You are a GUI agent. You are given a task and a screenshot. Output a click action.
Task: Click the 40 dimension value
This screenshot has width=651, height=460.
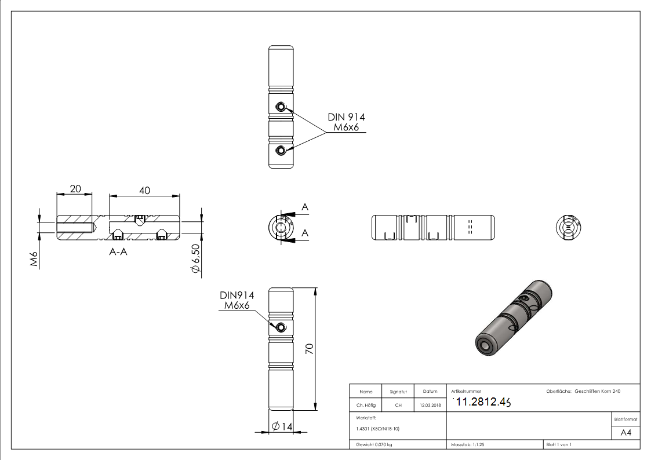(144, 190)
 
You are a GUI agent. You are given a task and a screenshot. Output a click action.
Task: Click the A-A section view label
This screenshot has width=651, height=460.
(118, 252)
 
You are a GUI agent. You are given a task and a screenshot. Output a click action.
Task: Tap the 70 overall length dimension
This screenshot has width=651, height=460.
(310, 349)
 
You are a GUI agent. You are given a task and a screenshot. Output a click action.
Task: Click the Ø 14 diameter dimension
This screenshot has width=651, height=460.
(282, 426)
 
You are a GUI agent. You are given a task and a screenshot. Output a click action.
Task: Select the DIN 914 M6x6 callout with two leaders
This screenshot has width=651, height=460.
(346, 122)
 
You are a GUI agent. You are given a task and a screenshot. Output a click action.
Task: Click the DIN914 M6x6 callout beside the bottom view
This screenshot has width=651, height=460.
(237, 300)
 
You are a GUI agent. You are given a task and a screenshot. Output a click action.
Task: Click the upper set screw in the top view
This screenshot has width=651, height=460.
(281, 107)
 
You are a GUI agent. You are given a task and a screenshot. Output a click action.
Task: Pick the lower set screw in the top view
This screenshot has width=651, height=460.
(281, 151)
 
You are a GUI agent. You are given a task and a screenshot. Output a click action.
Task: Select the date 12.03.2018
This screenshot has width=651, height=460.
(430, 406)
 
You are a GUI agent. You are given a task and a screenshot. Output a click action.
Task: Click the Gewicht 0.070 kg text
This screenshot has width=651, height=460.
(374, 444)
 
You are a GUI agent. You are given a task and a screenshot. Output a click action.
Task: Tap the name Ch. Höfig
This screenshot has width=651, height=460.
(365, 406)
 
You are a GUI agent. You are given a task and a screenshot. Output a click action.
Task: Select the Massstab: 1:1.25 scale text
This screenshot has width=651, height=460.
(468, 444)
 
